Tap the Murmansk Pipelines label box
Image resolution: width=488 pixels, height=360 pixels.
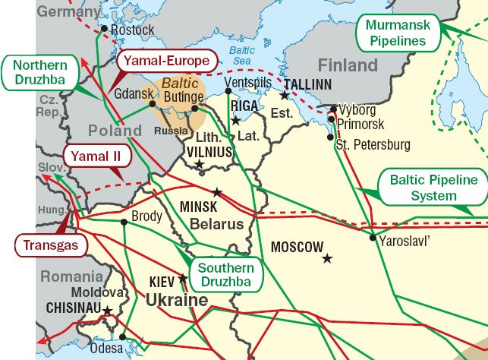[398, 32]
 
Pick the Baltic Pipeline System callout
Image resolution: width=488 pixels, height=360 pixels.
[433, 188]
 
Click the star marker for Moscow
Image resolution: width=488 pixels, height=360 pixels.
[327, 259]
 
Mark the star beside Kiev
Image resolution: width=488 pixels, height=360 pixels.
[182, 278]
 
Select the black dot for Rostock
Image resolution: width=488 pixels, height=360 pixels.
[105, 30]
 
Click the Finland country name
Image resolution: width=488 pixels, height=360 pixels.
[348, 65]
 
